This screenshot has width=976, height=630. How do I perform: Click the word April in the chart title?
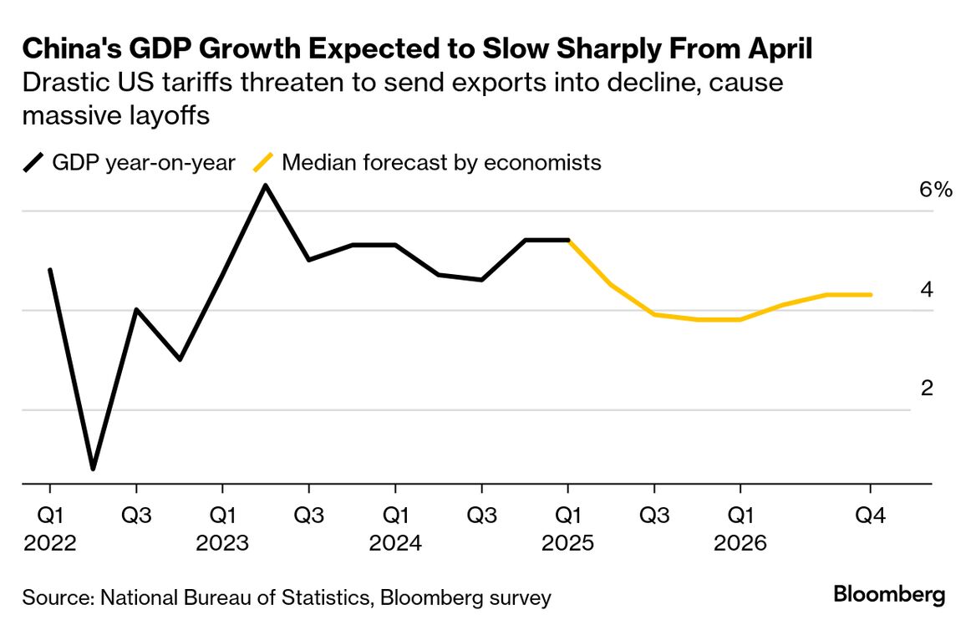coord(775,49)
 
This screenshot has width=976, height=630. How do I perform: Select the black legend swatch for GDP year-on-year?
coord(34,162)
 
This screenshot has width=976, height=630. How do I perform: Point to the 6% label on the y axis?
coord(935,190)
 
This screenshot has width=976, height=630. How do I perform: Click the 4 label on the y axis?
coord(927,290)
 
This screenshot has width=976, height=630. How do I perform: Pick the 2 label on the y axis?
coord(927,389)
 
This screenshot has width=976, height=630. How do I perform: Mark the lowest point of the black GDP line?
coord(93,469)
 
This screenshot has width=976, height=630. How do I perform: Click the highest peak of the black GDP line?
coord(266,185)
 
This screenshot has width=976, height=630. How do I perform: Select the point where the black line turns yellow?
coord(568,241)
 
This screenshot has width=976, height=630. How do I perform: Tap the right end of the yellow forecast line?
coord(871,294)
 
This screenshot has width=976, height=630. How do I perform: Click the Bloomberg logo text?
coord(889,595)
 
